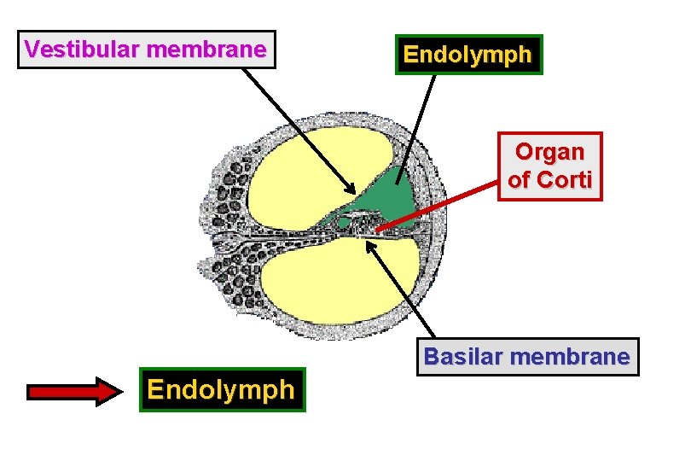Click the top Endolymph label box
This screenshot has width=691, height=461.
click(468, 55)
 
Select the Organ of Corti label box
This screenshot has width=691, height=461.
click(550, 166)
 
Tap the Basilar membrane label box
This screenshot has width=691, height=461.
click(527, 356)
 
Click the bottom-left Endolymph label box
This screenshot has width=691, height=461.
click(222, 390)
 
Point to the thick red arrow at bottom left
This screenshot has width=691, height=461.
click(77, 392)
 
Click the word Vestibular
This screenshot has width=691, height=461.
click(83, 50)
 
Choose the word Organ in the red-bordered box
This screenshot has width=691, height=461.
click(550, 152)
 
